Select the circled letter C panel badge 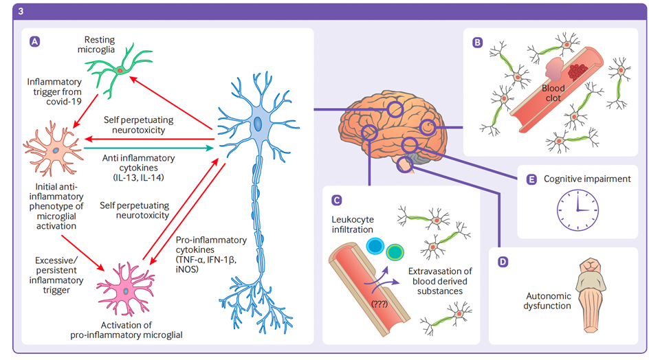coord(336,200)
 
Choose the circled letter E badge coord(531,179)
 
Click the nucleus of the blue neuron coord(256,124)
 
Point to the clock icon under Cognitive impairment coord(577,210)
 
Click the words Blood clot coord(553,93)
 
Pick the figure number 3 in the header coord(21,11)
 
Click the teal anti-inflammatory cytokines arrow coord(148,147)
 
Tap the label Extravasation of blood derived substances coord(437,280)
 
